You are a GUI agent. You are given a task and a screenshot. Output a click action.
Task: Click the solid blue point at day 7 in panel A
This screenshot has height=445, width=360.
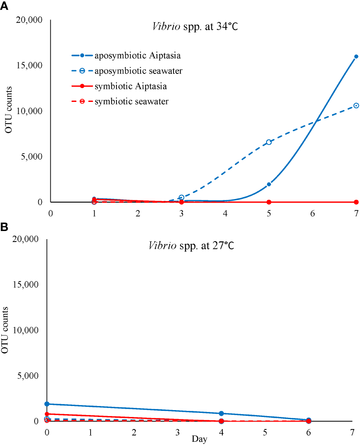356,56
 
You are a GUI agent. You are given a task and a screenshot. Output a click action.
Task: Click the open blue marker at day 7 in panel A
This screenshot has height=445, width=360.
356,106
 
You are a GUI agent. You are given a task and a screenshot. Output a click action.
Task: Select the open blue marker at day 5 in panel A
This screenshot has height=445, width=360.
269,142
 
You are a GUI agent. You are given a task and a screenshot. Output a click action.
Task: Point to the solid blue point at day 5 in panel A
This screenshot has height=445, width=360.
269,184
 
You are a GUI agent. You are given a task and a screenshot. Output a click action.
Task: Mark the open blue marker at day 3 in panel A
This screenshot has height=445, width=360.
181,197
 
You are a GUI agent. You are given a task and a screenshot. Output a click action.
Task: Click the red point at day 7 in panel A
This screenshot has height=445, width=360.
356,202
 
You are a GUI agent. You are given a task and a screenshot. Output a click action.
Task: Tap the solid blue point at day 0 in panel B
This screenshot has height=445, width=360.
47,404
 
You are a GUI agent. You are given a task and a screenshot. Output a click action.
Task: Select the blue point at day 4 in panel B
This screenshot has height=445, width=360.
221,413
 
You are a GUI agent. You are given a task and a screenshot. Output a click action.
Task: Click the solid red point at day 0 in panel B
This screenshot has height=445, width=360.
47,414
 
